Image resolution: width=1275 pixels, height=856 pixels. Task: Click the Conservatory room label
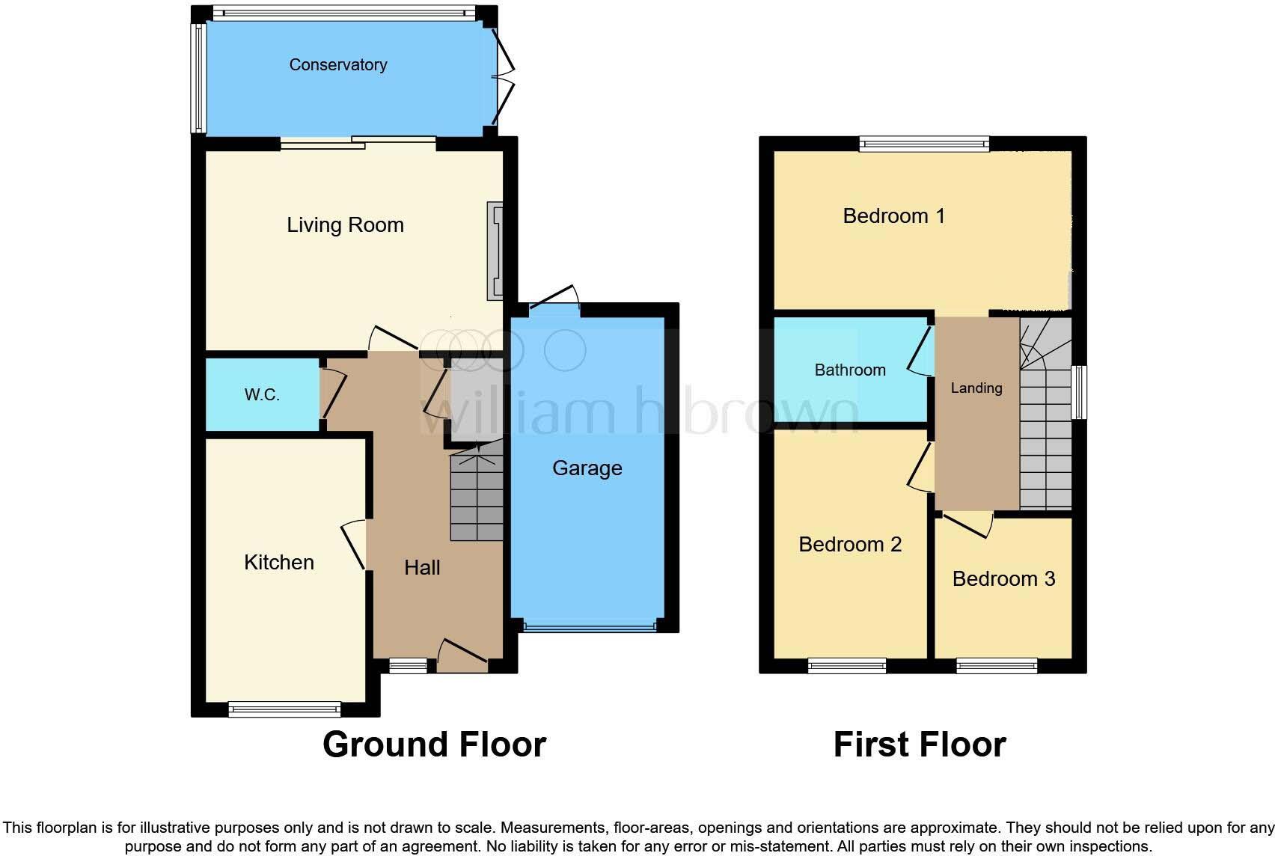[338, 65]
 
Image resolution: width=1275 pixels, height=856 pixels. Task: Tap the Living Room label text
[345, 225]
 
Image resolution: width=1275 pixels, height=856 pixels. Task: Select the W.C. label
[262, 395]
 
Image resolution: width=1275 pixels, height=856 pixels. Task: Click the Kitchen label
[279, 563]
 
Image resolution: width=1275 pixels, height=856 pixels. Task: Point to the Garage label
[587, 468]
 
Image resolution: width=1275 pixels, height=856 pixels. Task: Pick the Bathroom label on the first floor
[850, 370]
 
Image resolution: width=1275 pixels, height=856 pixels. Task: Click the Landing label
[976, 388]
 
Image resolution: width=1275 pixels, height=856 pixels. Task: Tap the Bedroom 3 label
[1003, 579]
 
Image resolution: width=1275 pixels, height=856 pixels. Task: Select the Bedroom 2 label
[850, 545]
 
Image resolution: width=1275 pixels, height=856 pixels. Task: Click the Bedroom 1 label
[893, 216]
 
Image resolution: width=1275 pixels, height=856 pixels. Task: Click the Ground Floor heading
[434, 745]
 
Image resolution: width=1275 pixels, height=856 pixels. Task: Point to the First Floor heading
[920, 745]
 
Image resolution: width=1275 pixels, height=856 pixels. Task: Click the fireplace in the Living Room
[495, 251]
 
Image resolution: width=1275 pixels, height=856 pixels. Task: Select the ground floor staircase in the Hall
[476, 494]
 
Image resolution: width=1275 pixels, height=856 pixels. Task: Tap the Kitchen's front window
[284, 708]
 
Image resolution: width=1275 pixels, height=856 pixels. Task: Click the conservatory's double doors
[504, 75]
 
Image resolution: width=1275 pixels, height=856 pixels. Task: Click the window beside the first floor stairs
[1079, 392]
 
